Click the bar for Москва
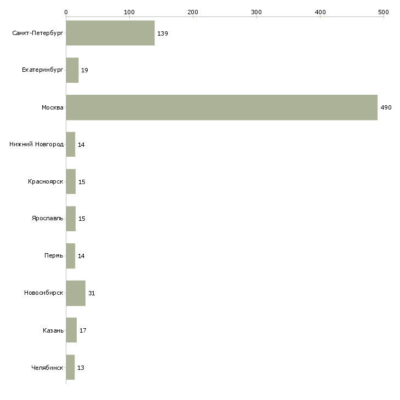click(221, 107)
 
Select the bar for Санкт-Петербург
click(110, 33)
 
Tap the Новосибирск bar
click(76, 293)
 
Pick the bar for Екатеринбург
click(72, 70)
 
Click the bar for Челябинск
click(70, 367)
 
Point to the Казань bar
click(71, 330)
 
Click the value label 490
click(386, 108)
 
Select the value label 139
click(162, 33)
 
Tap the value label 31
click(92, 294)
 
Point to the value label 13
click(81, 368)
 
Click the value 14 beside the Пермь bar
click(81, 256)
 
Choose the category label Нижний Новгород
click(36, 145)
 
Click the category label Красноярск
click(45, 182)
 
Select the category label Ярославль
click(47, 219)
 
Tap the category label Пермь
click(54, 256)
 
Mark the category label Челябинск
click(47, 368)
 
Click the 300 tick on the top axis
click(256, 12)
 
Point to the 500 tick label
click(383, 12)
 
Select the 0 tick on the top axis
click(66, 12)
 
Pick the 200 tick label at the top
click(193, 12)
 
